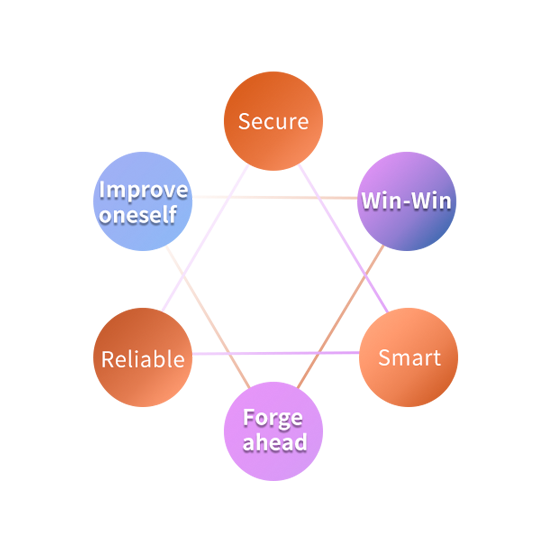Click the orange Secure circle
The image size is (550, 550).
(x=273, y=121)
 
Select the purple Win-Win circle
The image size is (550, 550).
(x=407, y=201)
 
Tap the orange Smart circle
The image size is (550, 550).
(x=408, y=357)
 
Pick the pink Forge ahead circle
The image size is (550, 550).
(x=273, y=431)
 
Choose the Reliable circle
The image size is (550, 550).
(x=143, y=357)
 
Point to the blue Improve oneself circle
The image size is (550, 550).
(x=143, y=201)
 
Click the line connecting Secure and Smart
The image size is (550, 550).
(x=343, y=239)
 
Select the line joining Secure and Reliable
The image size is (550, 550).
(x=205, y=238)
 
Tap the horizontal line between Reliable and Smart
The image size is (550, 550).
(x=276, y=353)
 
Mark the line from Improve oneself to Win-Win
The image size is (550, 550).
(x=275, y=197)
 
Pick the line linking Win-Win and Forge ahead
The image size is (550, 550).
(x=340, y=317)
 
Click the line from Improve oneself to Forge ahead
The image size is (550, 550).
(x=208, y=317)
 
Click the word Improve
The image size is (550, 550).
(x=143, y=190)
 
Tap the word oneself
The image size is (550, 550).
(x=138, y=214)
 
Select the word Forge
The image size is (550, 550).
(x=273, y=418)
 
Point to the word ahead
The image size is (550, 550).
(x=275, y=442)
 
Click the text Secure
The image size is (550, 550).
(x=274, y=122)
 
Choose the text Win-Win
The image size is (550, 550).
(x=407, y=201)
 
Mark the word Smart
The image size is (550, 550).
(x=410, y=358)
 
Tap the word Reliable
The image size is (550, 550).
(x=143, y=359)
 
